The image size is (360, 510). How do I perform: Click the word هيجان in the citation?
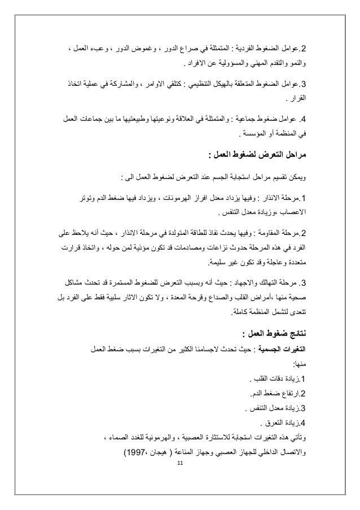pos(166,453)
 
